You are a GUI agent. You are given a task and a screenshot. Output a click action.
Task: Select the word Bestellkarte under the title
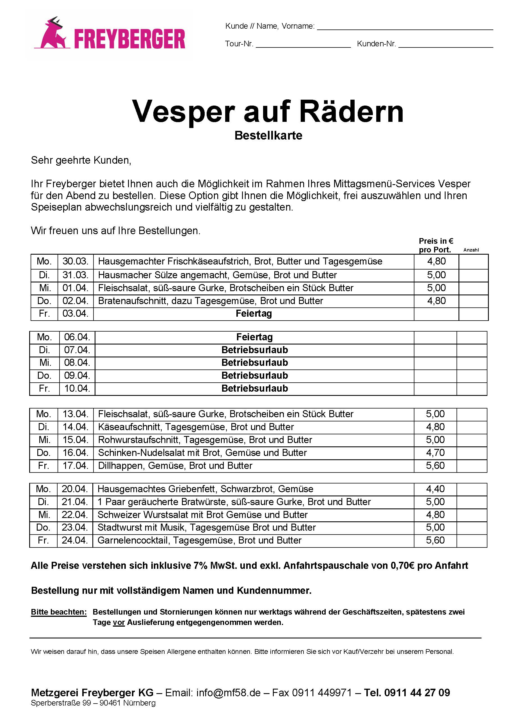pyautogui.click(x=268, y=136)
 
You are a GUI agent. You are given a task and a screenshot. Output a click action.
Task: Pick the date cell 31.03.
pyautogui.click(x=76, y=275)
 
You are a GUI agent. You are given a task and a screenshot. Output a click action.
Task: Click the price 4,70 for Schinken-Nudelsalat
pyautogui.click(x=435, y=453)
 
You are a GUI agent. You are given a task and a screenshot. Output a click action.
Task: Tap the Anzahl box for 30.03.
pyautogui.click(x=474, y=261)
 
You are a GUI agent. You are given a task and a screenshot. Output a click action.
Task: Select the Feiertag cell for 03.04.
pyautogui.click(x=254, y=314)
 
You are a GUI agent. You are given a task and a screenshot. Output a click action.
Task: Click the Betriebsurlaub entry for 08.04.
pyautogui.click(x=255, y=362)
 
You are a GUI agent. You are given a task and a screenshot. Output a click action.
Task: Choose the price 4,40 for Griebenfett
pyautogui.click(x=435, y=489)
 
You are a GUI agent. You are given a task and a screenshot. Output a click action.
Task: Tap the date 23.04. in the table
pyautogui.click(x=75, y=527)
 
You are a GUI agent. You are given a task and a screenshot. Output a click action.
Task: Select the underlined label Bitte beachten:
pyautogui.click(x=58, y=612)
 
